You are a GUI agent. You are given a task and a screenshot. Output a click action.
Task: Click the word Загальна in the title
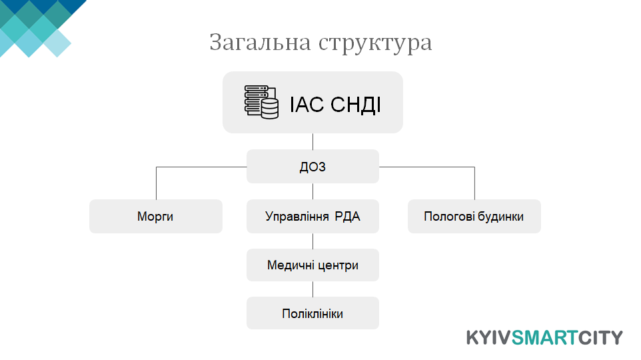(x=260, y=42)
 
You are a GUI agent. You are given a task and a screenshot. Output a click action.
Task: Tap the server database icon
(x=262, y=102)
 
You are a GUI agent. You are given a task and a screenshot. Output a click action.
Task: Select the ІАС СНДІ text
(x=335, y=104)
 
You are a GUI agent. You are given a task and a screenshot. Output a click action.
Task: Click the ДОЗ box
(x=313, y=167)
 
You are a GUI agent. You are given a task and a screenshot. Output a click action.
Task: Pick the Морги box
(x=156, y=217)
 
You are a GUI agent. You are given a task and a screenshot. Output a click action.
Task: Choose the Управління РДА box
(x=313, y=217)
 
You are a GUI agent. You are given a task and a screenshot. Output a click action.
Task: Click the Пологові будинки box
(x=474, y=217)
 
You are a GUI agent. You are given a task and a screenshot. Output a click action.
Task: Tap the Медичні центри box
(x=313, y=265)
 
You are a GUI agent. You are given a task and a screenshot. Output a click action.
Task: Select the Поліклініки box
(x=313, y=313)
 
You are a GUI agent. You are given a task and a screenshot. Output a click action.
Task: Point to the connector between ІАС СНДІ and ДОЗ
(x=313, y=141)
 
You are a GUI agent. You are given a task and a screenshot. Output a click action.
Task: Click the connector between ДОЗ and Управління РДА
(x=313, y=191)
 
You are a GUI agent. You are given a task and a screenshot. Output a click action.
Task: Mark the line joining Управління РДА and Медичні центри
(x=313, y=241)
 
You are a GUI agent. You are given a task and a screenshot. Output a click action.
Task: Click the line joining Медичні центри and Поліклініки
(x=313, y=289)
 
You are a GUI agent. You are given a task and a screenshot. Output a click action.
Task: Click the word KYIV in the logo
(x=489, y=338)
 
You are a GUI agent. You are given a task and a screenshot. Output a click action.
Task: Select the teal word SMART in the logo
(x=544, y=338)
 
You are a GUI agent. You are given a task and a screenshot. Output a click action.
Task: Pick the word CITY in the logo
(x=600, y=338)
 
